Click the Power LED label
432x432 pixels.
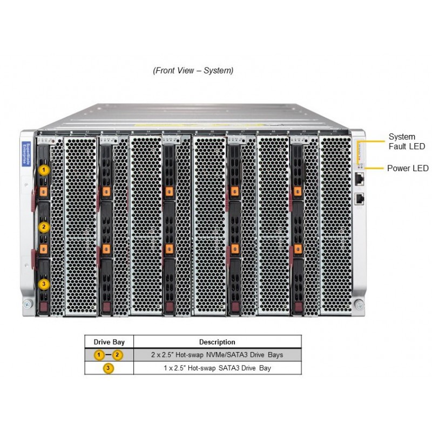[x=407, y=168]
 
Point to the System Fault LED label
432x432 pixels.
[x=406, y=141]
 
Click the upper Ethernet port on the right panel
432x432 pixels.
[x=359, y=177]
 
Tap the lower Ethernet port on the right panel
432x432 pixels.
[x=359, y=198]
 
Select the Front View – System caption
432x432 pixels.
[x=193, y=71]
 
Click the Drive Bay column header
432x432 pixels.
[x=109, y=342]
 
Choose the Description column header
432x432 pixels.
[x=217, y=342]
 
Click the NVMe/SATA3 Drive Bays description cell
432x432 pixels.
[x=217, y=355]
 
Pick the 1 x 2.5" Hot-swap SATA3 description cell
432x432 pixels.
[x=217, y=368]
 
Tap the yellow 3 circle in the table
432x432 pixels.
[x=109, y=368]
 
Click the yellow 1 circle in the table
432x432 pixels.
[x=99, y=355]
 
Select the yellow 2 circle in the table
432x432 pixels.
[x=118, y=355]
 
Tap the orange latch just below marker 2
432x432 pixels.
[x=44, y=249]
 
